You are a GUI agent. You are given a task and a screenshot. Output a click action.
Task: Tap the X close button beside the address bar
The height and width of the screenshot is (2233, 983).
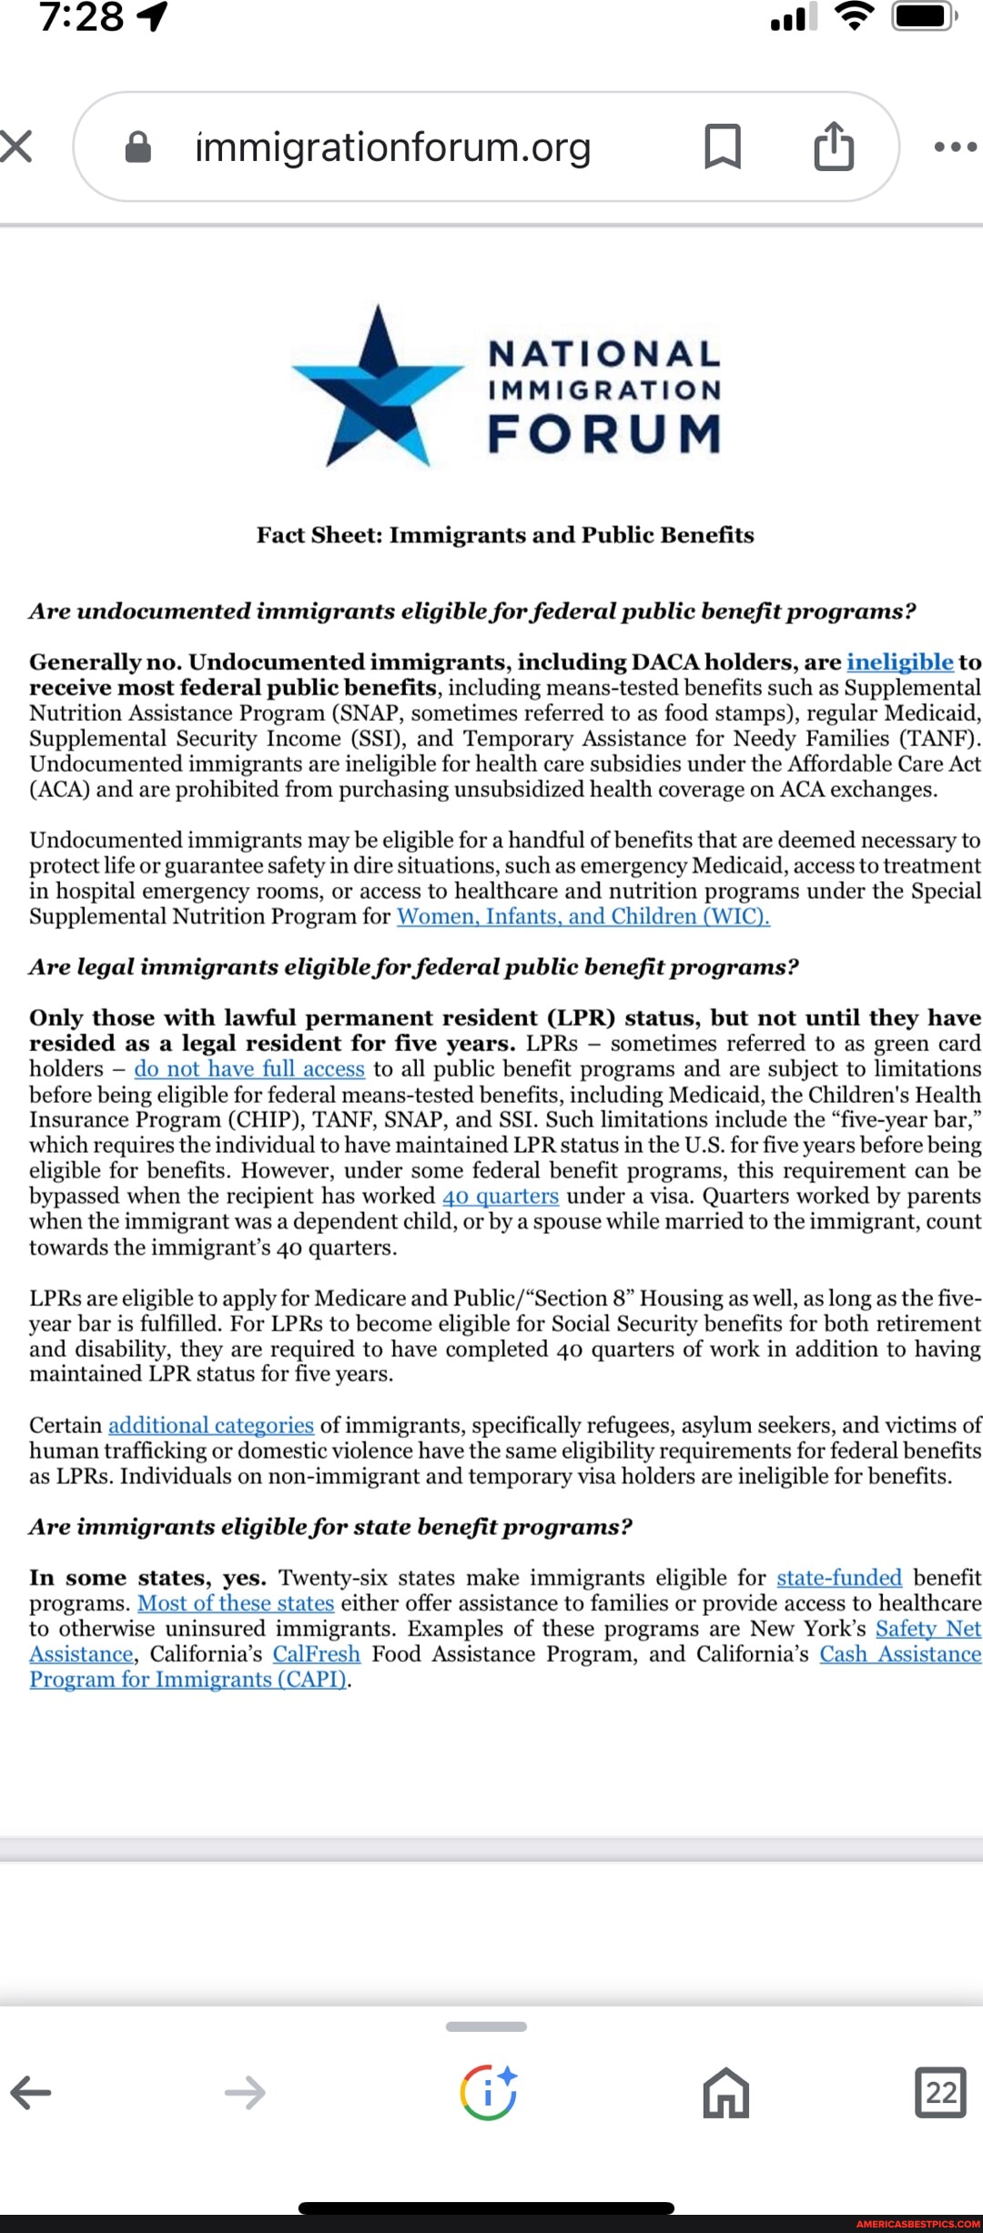[16, 147]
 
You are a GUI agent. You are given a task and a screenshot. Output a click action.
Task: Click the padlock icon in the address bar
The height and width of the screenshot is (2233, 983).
[137, 147]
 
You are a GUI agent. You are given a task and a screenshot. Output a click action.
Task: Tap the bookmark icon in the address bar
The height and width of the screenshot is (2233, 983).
[723, 147]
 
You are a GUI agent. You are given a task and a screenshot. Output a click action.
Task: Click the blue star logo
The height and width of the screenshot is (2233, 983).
[378, 387]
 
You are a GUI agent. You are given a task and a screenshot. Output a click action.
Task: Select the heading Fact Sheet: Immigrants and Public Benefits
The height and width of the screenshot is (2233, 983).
[505, 535]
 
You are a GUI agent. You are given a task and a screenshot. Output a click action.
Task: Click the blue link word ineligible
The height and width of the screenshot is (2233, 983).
[899, 662]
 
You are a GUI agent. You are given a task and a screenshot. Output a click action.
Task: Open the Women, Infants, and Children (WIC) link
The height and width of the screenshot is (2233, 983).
[583, 916]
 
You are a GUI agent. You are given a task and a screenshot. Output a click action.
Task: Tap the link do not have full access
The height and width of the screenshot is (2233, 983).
[249, 1069]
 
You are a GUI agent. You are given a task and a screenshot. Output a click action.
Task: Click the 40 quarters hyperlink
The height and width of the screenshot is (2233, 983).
[501, 1197]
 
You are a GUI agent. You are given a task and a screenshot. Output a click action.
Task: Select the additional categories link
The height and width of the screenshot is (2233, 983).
[211, 1425]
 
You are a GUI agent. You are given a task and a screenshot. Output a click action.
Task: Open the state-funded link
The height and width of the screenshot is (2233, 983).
[838, 1578]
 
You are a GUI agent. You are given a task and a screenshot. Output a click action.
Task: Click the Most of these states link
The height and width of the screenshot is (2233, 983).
[236, 1603]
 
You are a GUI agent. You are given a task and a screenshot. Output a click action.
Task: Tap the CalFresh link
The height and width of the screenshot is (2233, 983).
[317, 1654]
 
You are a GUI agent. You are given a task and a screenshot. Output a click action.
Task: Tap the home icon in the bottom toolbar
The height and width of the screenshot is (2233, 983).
[725, 2093]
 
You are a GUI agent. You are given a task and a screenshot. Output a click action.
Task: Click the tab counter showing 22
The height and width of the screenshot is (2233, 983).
[940, 2093]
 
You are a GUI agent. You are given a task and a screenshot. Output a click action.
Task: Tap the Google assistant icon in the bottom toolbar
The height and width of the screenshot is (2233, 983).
[489, 2093]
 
